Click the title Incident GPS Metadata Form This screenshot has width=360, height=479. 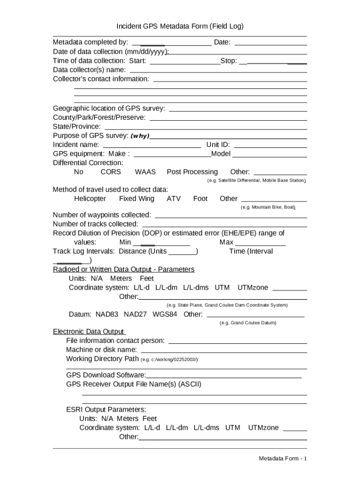pyautogui.click(x=180, y=26)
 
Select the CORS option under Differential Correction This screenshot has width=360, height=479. pyautogui.click(x=110, y=172)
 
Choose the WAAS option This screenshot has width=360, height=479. pyautogui.click(x=145, y=172)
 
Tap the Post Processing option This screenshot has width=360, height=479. pyautogui.click(x=192, y=172)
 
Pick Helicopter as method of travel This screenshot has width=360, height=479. pyautogui.click(x=90, y=198)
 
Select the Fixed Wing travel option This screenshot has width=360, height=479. pyautogui.click(x=137, y=198)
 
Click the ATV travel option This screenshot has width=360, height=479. pyautogui.click(x=173, y=198)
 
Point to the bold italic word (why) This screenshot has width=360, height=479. pyautogui.click(x=140, y=136)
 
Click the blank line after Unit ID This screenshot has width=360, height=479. pyautogui.click(x=270, y=145)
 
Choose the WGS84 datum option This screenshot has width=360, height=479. pyautogui.click(x=165, y=314)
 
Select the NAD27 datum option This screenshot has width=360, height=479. pyautogui.click(x=136, y=314)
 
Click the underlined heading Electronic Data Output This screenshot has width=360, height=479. pyautogui.click(x=89, y=332)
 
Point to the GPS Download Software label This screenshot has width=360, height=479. pyautogui.click(x=106, y=375)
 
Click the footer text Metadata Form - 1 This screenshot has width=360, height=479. pyautogui.click(x=283, y=458)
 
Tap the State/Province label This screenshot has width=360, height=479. pyautogui.click(x=77, y=126)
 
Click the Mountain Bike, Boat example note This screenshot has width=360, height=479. pyautogui.click(x=268, y=207)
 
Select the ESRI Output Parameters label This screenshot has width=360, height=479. pyautogui.click(x=106, y=409)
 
